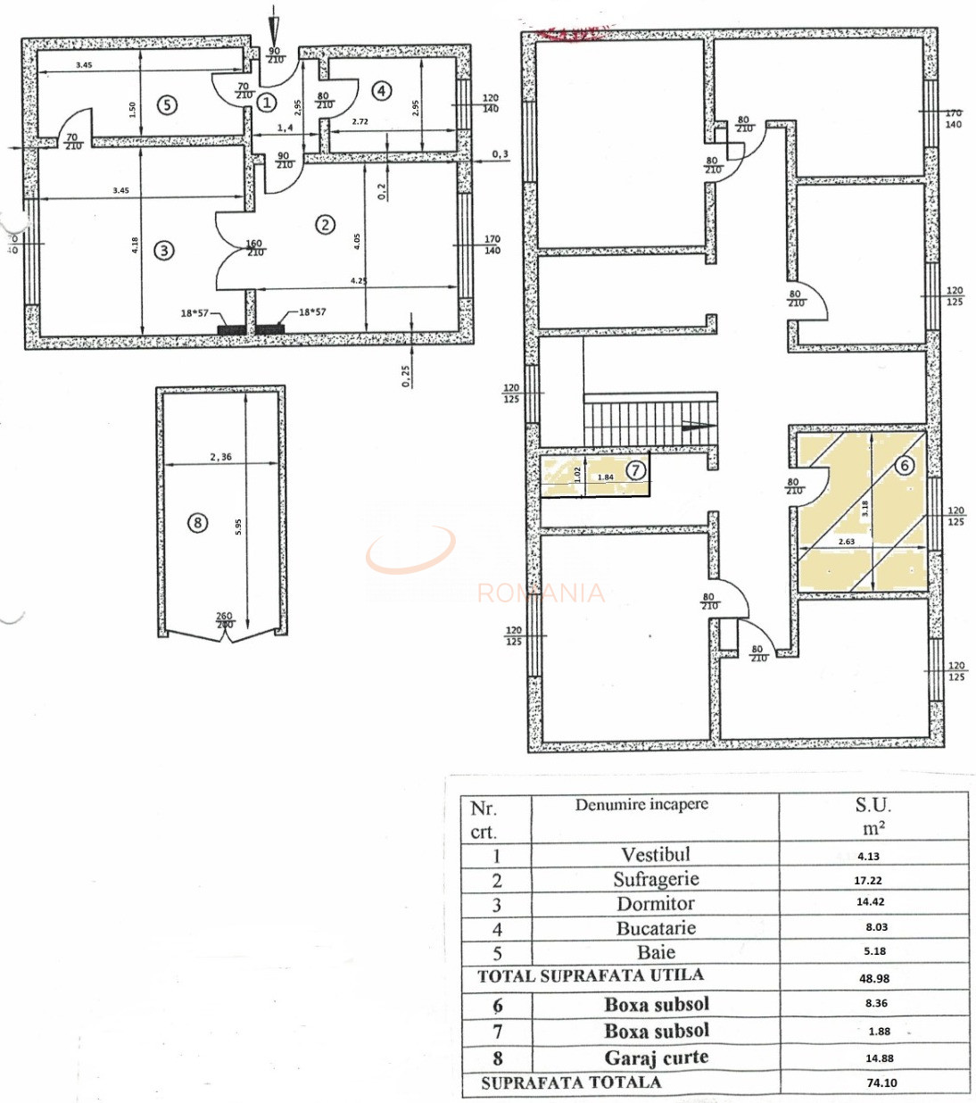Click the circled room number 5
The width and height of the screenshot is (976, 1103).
(166, 104)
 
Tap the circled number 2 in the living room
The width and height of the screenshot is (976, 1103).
(325, 224)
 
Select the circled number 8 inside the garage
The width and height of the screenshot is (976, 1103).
(198, 522)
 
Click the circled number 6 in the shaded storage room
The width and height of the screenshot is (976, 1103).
(905, 465)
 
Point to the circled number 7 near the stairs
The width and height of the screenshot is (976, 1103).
(635, 469)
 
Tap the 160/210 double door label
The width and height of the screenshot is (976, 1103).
(254, 248)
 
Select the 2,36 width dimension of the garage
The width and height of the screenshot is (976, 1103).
(220, 457)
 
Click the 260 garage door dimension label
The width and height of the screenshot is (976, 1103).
(224, 617)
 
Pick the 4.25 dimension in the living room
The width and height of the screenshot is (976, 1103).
(359, 280)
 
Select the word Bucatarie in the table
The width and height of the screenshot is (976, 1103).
(656, 928)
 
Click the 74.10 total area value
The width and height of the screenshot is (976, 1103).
(881, 1082)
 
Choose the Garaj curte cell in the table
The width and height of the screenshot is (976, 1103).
(656, 1057)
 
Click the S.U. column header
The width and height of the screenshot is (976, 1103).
(873, 805)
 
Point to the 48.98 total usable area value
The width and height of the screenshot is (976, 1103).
(874, 978)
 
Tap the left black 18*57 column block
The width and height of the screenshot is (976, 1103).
(231, 329)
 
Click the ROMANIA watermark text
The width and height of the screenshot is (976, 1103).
(541, 593)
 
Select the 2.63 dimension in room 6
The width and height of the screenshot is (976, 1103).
(846, 542)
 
